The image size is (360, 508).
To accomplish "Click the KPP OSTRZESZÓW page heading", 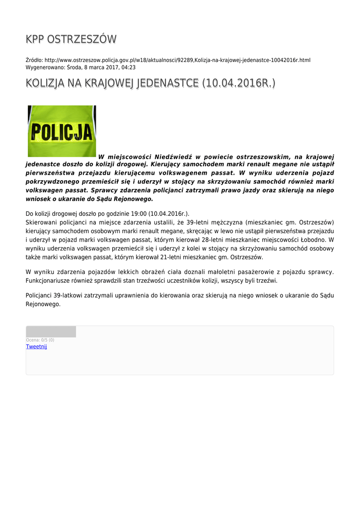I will [71, 39].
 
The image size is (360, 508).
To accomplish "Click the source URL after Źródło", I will [177, 60].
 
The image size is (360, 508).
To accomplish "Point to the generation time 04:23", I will [129, 67].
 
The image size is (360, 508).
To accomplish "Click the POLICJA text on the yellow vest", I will [62, 132].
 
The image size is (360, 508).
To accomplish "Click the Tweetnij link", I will [36, 347].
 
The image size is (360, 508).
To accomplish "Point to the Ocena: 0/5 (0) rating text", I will [40, 340].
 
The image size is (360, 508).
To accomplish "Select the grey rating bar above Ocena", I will [51, 332].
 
